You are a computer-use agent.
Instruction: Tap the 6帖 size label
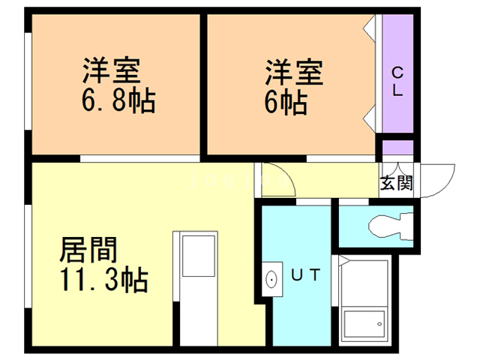(286, 103)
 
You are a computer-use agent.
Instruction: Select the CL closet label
(397, 82)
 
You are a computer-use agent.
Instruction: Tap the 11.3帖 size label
(103, 281)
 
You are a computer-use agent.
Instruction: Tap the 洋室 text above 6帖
(292, 73)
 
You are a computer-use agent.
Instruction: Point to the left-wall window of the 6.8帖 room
(28, 82)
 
